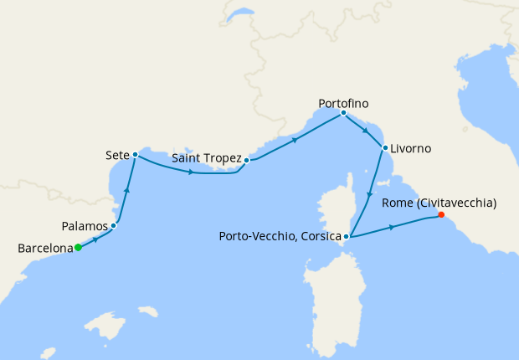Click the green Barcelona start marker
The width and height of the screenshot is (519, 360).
pyautogui.click(x=77, y=247)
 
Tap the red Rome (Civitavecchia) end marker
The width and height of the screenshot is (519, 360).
pyautogui.click(x=441, y=214)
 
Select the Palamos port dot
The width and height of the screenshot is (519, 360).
pyautogui.click(x=113, y=226)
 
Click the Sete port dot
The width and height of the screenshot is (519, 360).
pyautogui.click(x=135, y=155)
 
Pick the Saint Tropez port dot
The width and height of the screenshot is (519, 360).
pyautogui.click(x=247, y=159)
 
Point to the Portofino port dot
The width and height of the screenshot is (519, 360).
pyautogui.click(x=343, y=113)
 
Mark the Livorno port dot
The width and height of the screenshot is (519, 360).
pyautogui.click(x=384, y=148)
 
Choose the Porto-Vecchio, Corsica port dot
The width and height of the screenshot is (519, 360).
pyautogui.click(x=346, y=237)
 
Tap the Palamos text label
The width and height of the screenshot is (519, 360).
pyautogui.click(x=85, y=226)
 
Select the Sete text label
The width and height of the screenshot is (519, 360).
pyautogui.click(x=117, y=155)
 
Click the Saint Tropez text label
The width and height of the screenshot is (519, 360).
pyautogui.click(x=206, y=158)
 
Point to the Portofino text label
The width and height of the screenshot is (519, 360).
pyautogui.click(x=343, y=103)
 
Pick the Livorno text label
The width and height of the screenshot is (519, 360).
pyautogui.click(x=411, y=148)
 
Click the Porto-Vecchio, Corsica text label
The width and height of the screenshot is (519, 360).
pyautogui.click(x=279, y=237)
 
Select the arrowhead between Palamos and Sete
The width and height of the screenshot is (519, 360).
pyautogui.click(x=127, y=191)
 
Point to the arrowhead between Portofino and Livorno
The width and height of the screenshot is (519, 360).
pyautogui.click(x=365, y=131)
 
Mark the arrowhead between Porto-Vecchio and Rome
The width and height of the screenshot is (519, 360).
pyautogui.click(x=392, y=227)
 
